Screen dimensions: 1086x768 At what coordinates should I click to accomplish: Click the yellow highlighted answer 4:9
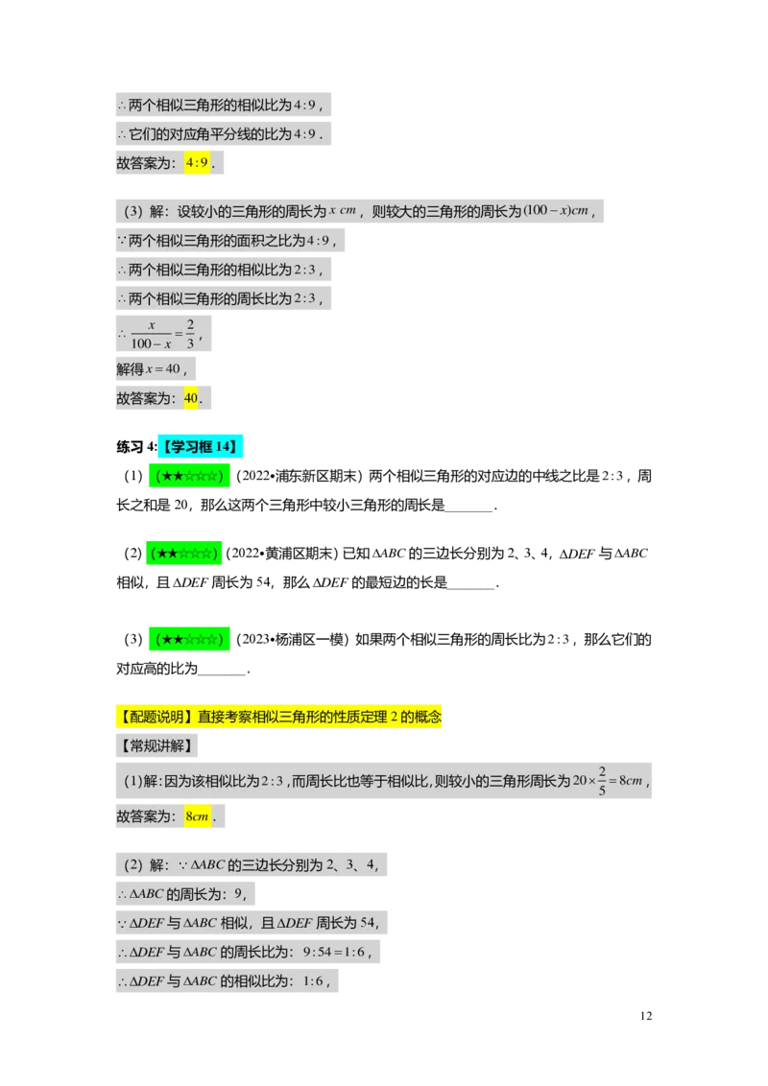[197, 163]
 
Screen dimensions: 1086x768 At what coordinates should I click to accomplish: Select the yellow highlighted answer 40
[191, 398]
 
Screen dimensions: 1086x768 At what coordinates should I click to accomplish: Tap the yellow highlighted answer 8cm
[198, 816]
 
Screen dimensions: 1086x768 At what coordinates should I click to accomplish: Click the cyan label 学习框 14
[199, 446]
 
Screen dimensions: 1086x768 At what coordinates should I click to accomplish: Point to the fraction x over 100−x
[151, 335]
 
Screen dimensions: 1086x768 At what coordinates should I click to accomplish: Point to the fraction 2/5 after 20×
[601, 781]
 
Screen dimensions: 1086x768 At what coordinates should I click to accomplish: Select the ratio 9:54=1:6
[329, 953]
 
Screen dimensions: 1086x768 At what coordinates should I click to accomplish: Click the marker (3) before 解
[133, 211]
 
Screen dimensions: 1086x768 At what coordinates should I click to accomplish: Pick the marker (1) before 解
[133, 781]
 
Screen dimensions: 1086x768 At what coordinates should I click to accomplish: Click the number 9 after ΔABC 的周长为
[238, 894]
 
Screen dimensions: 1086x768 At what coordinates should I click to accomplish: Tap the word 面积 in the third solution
[231, 240]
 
